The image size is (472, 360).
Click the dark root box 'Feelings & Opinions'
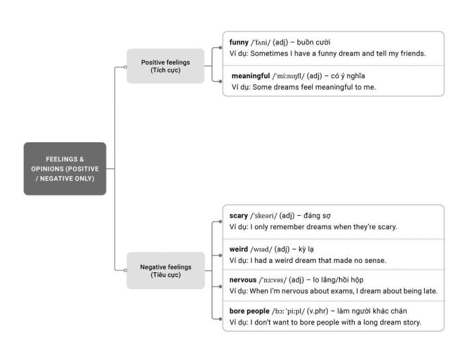tap(65, 169)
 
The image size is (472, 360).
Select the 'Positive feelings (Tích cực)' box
tap(166, 66)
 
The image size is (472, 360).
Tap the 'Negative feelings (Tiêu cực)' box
tap(166, 270)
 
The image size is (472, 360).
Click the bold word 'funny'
tap(239, 42)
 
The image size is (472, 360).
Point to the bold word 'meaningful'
tap(250, 76)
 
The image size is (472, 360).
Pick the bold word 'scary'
tap(239, 216)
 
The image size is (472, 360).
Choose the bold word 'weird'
tap(239, 249)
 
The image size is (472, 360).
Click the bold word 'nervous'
tap(243, 280)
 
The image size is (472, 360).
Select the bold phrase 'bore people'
tap(249, 311)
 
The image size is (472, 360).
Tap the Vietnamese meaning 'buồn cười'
tap(314, 42)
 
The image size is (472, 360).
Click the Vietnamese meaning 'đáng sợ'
tap(317, 216)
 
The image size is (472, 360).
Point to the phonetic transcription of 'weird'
tap(261, 249)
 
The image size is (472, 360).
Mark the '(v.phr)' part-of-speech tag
tap(318, 311)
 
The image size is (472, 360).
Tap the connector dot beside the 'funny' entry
tap(220, 48)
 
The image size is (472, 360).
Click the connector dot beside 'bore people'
tap(220, 319)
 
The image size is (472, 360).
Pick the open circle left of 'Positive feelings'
tap(125, 67)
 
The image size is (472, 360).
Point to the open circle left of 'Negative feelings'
tap(125, 270)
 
